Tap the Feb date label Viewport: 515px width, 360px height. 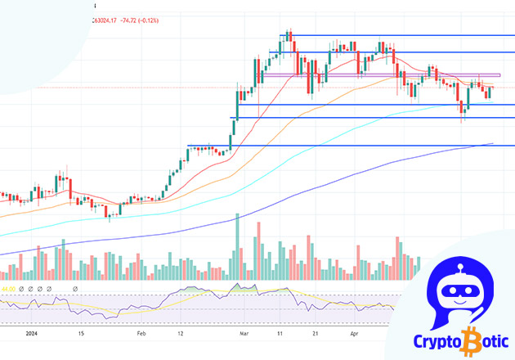click(x=141, y=335)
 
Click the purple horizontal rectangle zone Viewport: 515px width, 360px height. click(x=384, y=75)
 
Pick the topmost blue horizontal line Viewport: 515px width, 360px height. click(x=401, y=35)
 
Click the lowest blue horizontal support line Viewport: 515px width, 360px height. click(x=343, y=146)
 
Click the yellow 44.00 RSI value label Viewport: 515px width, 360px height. click(x=10, y=289)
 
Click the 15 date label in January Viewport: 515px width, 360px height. click(x=80, y=335)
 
